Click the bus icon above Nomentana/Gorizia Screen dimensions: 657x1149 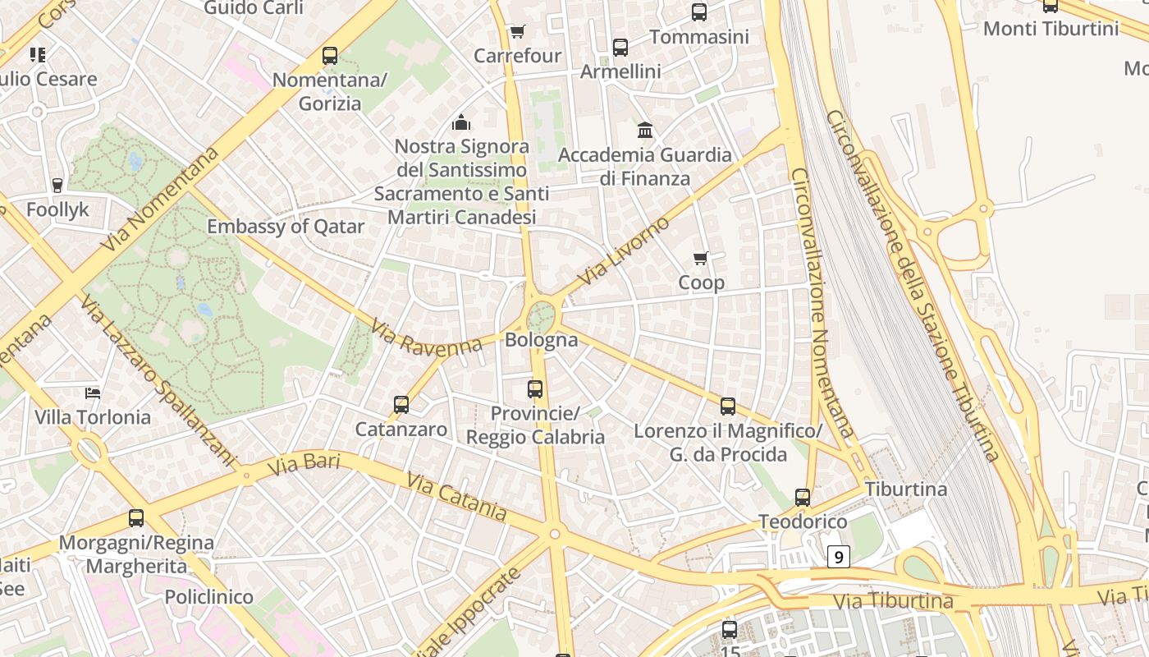pyautogui.click(x=330, y=56)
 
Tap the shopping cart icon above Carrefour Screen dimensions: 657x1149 pyautogui.click(x=517, y=32)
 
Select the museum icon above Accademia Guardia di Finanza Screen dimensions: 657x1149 pyautogui.click(x=645, y=131)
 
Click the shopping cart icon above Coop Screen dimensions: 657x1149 pyautogui.click(x=701, y=259)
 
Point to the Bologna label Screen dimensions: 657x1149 pyautogui.click(x=542, y=340)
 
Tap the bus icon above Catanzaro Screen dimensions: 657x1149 pyautogui.click(x=401, y=405)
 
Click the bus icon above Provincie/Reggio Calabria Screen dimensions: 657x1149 pyautogui.click(x=535, y=389)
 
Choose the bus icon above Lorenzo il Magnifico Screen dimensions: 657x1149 pyautogui.click(x=728, y=407)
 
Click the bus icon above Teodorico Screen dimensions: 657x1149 pyautogui.click(x=803, y=498)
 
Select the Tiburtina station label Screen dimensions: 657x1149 pyautogui.click(x=906, y=489)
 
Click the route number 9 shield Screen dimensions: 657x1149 pyautogui.click(x=838, y=558)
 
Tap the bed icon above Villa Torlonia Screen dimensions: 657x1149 pyautogui.click(x=93, y=393)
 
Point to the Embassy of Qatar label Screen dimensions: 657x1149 pyautogui.click(x=286, y=227)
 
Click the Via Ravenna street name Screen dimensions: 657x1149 pyautogui.click(x=426, y=338)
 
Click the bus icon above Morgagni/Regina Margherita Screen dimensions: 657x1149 pyautogui.click(x=136, y=518)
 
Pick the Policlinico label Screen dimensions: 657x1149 pyautogui.click(x=208, y=597)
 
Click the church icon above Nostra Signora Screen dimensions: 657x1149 pyautogui.click(x=461, y=123)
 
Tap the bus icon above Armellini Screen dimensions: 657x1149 pyautogui.click(x=620, y=48)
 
